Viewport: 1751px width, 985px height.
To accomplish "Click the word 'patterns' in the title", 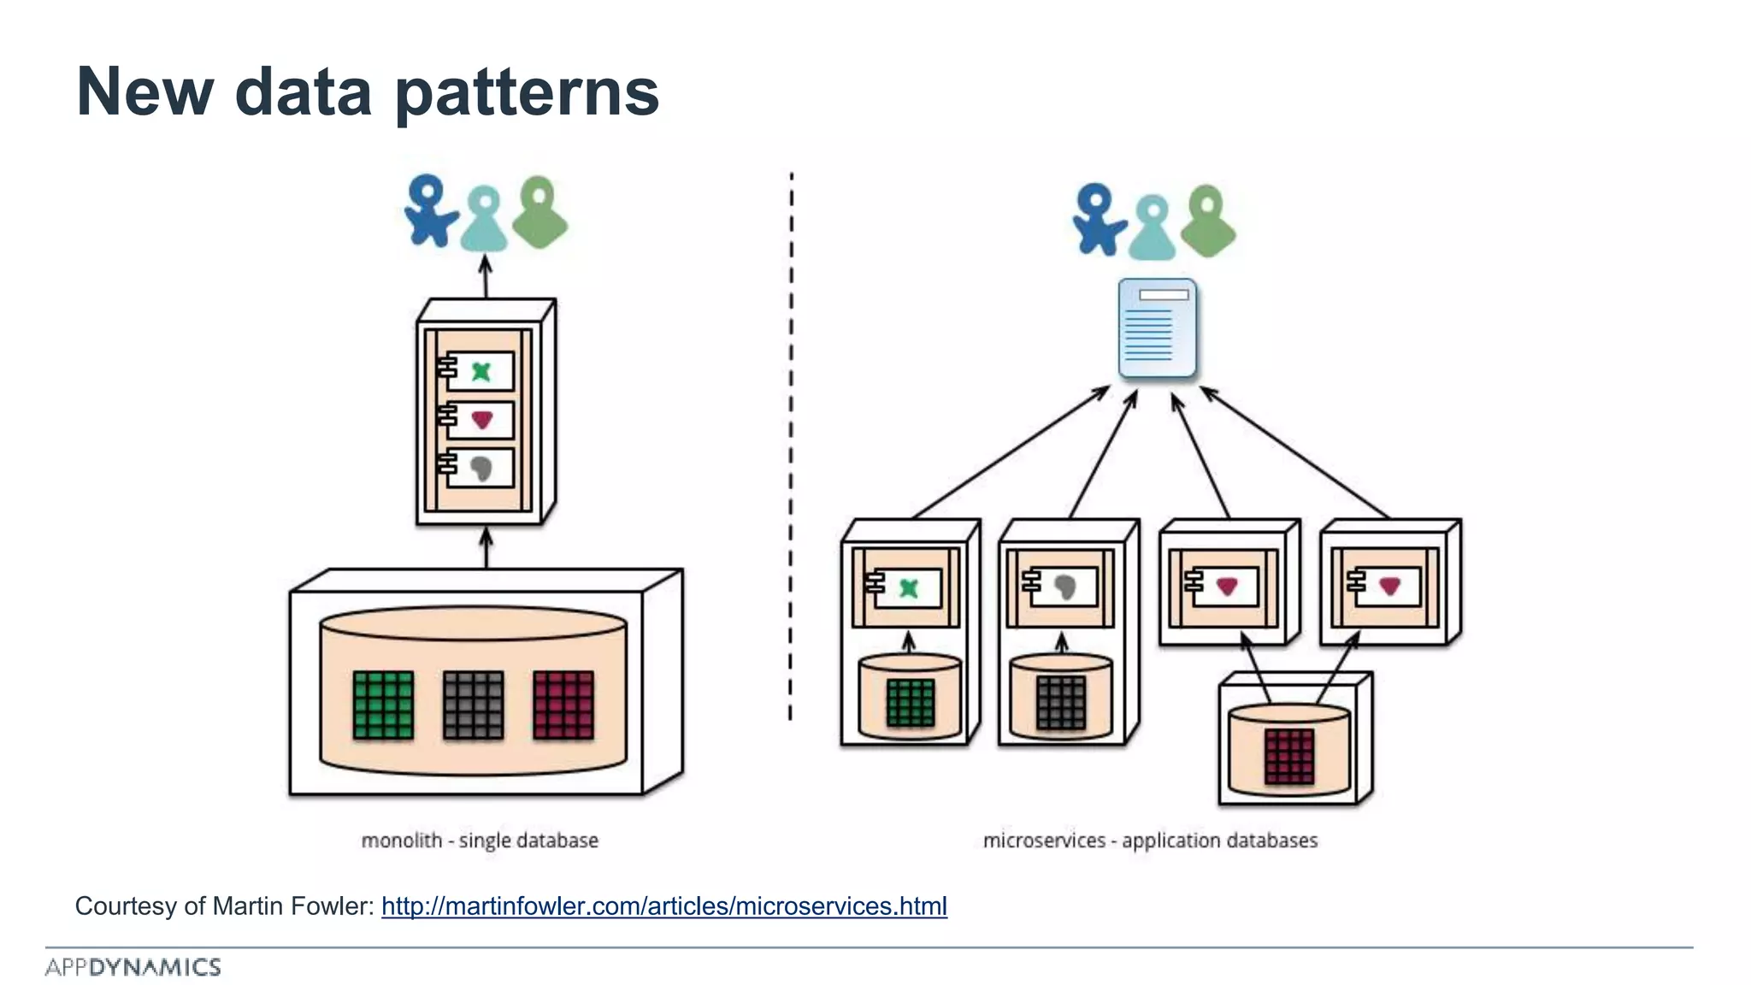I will (527, 92).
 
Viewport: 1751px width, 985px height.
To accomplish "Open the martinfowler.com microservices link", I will (663, 906).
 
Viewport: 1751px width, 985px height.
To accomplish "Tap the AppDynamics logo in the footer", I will (133, 967).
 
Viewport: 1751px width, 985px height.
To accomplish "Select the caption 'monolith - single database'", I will (480, 840).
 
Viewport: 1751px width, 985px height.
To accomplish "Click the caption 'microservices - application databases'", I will (1150, 840).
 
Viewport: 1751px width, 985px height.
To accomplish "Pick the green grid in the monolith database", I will (383, 705).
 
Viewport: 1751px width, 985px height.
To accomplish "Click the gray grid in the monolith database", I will (474, 705).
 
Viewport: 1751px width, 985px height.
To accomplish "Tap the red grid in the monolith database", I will (563, 705).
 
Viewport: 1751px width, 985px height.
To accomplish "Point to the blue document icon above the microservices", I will (1157, 328).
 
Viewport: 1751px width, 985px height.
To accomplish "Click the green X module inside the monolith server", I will (480, 372).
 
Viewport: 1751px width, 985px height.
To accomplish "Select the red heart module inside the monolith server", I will (480, 419).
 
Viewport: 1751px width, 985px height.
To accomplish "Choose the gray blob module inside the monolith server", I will (480, 467).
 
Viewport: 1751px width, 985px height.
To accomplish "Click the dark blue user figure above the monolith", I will (428, 210).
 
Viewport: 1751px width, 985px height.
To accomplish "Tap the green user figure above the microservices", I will (1207, 221).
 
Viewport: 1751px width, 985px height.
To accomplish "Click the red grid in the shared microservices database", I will (1289, 757).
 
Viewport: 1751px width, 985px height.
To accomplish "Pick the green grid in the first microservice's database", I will (910, 703).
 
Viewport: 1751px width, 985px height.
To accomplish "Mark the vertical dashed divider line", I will (791, 445).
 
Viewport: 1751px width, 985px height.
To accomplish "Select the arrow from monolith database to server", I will (486, 548).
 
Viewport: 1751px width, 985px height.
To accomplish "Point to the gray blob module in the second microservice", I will (1063, 587).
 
